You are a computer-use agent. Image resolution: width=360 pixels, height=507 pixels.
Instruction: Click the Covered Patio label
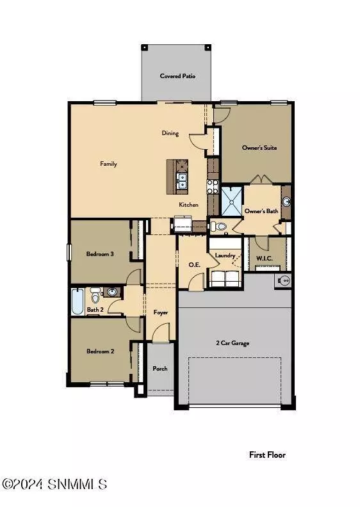(x=177, y=76)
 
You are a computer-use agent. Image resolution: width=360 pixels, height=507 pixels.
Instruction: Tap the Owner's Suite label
(x=259, y=148)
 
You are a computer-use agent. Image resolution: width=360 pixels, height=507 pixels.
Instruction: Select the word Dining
(x=170, y=133)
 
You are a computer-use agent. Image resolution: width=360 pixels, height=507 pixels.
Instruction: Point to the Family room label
(x=108, y=164)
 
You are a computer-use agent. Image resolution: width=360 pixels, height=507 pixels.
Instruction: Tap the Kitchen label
(x=188, y=205)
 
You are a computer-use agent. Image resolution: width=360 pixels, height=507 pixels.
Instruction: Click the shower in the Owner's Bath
(x=232, y=200)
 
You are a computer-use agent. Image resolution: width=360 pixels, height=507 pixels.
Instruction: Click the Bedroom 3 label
(x=100, y=254)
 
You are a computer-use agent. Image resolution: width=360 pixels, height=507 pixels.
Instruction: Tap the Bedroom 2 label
(x=100, y=351)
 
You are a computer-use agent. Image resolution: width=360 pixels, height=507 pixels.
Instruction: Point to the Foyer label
(x=161, y=312)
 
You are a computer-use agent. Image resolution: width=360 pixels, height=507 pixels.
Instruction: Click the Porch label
(x=160, y=369)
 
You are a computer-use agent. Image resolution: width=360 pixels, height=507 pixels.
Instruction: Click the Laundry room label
(x=225, y=255)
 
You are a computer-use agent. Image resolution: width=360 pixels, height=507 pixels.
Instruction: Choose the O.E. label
(x=195, y=264)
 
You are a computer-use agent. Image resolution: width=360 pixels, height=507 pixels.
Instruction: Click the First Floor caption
(x=267, y=455)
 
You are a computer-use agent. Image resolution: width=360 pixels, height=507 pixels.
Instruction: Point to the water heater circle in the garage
(x=282, y=280)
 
